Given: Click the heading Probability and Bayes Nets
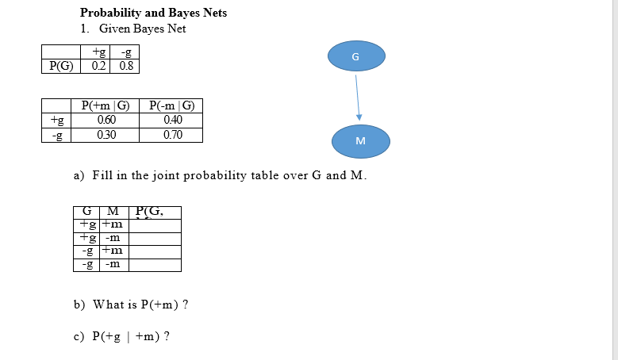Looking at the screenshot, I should pyautogui.click(x=153, y=13).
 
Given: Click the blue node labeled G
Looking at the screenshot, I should pyautogui.click(x=355, y=57).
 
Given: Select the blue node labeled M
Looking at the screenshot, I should pyautogui.click(x=361, y=140).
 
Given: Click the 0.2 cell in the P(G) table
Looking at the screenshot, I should pyautogui.click(x=99, y=66).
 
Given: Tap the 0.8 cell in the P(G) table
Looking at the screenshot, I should pyautogui.click(x=127, y=66).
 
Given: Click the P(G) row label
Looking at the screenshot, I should pyautogui.click(x=62, y=66).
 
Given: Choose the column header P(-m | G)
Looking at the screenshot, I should pyautogui.click(x=171, y=105).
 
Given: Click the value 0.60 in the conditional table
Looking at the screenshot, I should pyautogui.click(x=106, y=120).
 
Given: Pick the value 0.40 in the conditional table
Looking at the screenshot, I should pyautogui.click(x=171, y=120).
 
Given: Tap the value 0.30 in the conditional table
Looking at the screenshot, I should pyautogui.click(x=106, y=135).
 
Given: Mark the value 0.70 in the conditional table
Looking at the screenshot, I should pyautogui.click(x=171, y=135).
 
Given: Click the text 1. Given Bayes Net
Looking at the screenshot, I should pyautogui.click(x=132, y=29).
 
